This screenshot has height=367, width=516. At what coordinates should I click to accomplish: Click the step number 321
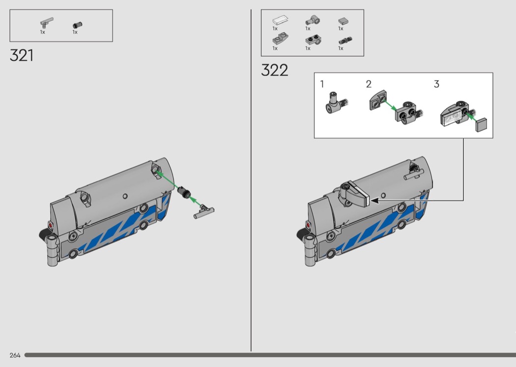22,56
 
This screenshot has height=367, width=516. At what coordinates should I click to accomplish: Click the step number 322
274,70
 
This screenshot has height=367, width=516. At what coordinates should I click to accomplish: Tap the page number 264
15,355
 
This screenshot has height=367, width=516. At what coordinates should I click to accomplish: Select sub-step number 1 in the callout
322,84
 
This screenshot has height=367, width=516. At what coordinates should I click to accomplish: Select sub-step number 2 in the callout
369,84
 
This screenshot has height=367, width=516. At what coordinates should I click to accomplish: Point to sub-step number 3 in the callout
437,84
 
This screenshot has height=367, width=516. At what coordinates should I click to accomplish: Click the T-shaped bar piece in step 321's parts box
46,23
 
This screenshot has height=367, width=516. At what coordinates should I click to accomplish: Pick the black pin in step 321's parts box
78,25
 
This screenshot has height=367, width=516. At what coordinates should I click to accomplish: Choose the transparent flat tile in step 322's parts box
281,21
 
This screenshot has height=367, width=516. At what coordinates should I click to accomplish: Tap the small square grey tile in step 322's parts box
344,21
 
